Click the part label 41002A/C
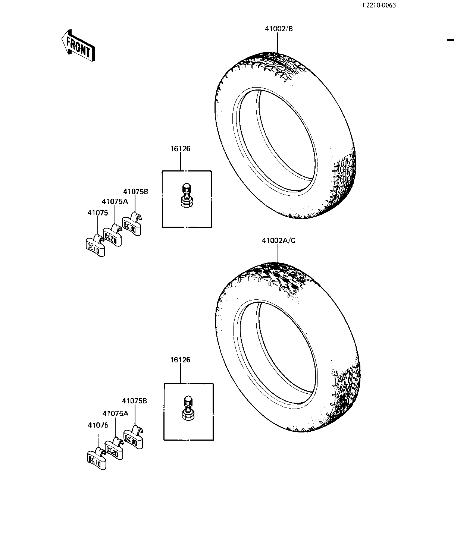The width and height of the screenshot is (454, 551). (278, 240)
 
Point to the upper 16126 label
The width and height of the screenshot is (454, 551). (181, 149)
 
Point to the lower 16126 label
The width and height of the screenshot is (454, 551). (181, 360)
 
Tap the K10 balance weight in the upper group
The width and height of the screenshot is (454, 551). (94, 246)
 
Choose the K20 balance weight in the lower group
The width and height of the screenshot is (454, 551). (114, 448)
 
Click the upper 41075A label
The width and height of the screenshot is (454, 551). (115, 202)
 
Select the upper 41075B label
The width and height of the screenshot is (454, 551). (136, 192)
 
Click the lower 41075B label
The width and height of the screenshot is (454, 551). (134, 401)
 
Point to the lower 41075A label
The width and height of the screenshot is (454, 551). (115, 413)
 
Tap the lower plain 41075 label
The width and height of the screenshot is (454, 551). (98, 425)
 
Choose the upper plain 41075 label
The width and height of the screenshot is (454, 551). (98, 213)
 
